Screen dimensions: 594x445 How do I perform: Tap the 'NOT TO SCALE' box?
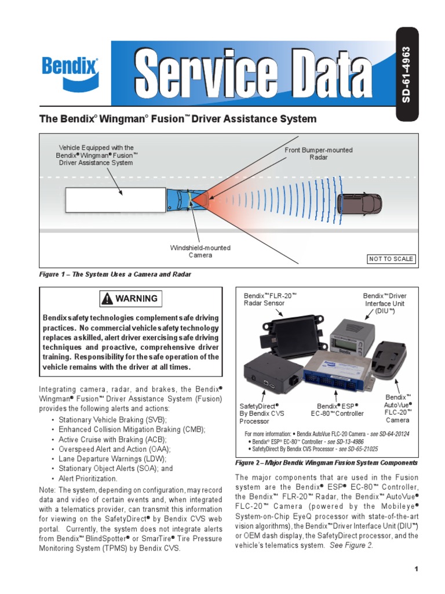[x=392, y=259]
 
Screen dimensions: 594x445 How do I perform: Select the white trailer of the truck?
[x=115, y=201]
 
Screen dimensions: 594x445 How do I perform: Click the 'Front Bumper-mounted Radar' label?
[x=318, y=154]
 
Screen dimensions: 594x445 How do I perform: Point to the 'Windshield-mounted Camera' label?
[x=200, y=251]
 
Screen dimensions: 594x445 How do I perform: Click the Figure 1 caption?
[x=115, y=274]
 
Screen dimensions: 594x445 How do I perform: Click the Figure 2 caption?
[x=326, y=463]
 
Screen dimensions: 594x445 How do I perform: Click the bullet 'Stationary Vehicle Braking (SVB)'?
[x=112, y=419]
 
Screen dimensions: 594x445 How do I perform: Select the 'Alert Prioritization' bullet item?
[x=88, y=479]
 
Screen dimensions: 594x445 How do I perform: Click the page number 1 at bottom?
[x=416, y=569]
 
